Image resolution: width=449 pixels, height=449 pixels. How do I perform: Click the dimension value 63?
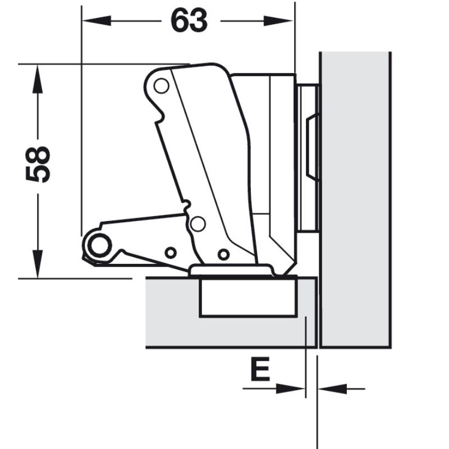point(189,20)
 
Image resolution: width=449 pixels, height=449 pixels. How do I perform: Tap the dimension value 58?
point(38,164)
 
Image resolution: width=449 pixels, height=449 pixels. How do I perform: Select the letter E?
point(260,369)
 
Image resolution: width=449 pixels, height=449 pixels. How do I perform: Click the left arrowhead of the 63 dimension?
point(97,21)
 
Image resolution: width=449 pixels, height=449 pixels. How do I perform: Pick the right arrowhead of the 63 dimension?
point(278,21)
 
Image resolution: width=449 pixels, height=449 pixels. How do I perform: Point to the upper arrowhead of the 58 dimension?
point(37,79)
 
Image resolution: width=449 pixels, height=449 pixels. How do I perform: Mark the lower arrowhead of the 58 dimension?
point(37,264)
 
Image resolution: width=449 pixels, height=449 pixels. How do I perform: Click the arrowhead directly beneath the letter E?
point(290,388)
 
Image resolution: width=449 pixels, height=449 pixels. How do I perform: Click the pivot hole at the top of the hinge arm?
point(161,86)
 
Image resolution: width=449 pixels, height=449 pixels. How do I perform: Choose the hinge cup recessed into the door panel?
point(248,296)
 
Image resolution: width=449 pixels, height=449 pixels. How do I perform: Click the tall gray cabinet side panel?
point(355,200)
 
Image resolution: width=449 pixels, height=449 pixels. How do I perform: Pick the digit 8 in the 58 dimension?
point(38,155)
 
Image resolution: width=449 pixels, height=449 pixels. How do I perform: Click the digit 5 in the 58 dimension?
point(38,174)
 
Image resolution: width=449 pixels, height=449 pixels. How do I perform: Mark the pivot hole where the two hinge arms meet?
point(198,223)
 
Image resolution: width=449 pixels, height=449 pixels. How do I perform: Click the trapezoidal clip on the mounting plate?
point(312,147)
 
